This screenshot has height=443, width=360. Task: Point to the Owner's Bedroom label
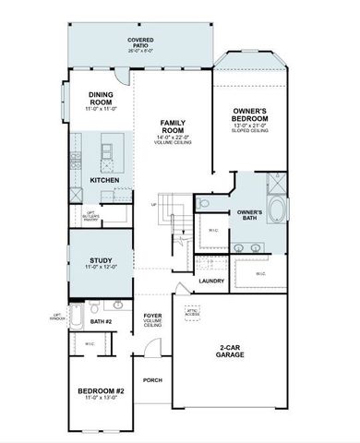point(250,115)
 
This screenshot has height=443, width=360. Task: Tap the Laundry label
point(211,281)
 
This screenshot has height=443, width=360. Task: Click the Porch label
point(152,380)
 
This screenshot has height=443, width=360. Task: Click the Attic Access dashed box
point(193,314)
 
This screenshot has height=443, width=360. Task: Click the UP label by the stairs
point(153,204)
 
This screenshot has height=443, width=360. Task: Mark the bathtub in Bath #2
point(78,320)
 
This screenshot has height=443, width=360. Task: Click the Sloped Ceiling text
point(250,131)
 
